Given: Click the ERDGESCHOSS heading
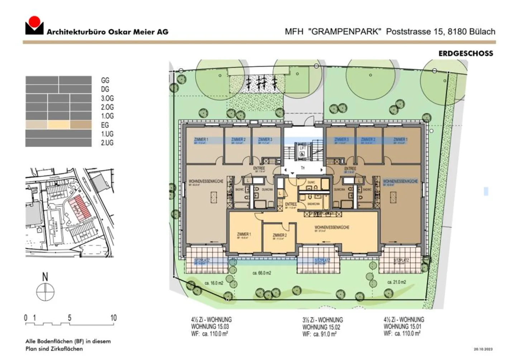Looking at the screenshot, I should [465, 53].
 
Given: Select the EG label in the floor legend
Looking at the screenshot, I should [105, 125].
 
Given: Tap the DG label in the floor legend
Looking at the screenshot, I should [105, 89].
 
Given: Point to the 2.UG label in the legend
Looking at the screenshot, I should [107, 143].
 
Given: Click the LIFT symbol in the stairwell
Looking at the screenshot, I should [302, 150].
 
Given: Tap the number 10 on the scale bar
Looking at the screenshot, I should [113, 318].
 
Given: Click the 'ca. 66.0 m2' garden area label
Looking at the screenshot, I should [262, 273].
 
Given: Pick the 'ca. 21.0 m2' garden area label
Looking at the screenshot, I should [396, 282].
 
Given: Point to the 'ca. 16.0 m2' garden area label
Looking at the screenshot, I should [214, 283].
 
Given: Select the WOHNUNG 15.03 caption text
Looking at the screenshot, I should [210, 327].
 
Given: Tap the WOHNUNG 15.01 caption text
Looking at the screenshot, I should [402, 327].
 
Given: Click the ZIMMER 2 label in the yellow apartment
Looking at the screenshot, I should [279, 235].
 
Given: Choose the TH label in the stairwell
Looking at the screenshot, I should [302, 168].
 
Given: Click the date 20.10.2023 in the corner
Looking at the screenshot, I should [483, 349].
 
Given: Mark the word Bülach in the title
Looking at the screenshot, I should [482, 32].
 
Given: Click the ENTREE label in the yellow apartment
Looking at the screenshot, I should [291, 204].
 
